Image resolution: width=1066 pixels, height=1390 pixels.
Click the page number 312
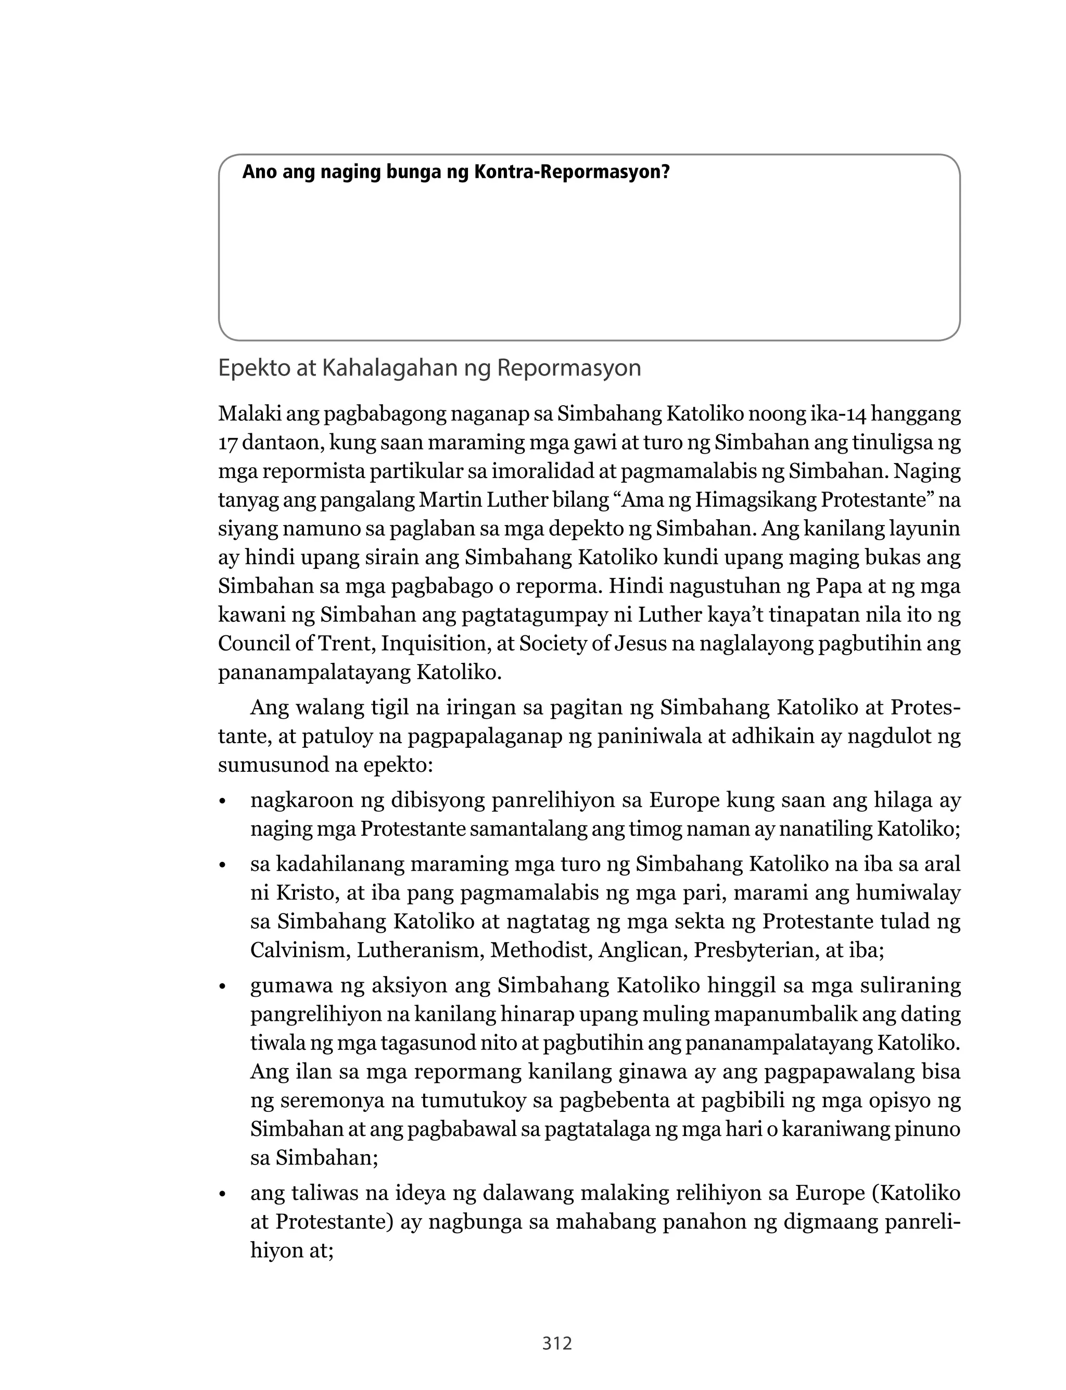coord(557,1343)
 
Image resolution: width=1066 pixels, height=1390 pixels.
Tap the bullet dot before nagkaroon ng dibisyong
coord(222,802)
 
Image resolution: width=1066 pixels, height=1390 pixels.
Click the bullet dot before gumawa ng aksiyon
coord(222,987)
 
